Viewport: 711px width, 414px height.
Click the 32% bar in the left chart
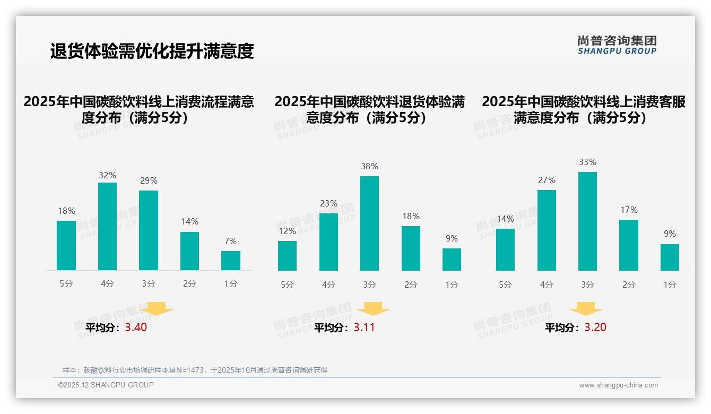(107, 226)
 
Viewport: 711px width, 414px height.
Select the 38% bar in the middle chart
(369, 223)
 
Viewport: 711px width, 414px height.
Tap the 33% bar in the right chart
(587, 221)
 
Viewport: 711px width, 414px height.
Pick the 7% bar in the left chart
(230, 260)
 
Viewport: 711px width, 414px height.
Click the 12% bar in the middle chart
(287, 255)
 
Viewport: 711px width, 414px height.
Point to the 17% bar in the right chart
(628, 245)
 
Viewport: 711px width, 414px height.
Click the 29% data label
(149, 181)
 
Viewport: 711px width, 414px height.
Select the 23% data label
(328, 203)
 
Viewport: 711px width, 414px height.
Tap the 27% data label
(547, 180)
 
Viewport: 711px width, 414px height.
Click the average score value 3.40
(136, 327)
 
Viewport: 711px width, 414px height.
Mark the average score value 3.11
(364, 327)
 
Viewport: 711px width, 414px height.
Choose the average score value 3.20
(595, 327)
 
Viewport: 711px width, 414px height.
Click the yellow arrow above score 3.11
(373, 309)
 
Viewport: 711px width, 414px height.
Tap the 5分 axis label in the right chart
(505, 284)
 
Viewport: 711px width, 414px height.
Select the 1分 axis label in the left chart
(230, 284)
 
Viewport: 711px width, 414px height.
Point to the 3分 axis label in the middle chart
(369, 284)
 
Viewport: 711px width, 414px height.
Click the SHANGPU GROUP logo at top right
(617, 45)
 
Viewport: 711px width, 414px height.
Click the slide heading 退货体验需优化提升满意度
(152, 51)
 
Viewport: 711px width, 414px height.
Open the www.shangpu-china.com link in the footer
(618, 385)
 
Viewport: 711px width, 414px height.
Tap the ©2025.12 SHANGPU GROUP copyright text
(106, 385)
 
